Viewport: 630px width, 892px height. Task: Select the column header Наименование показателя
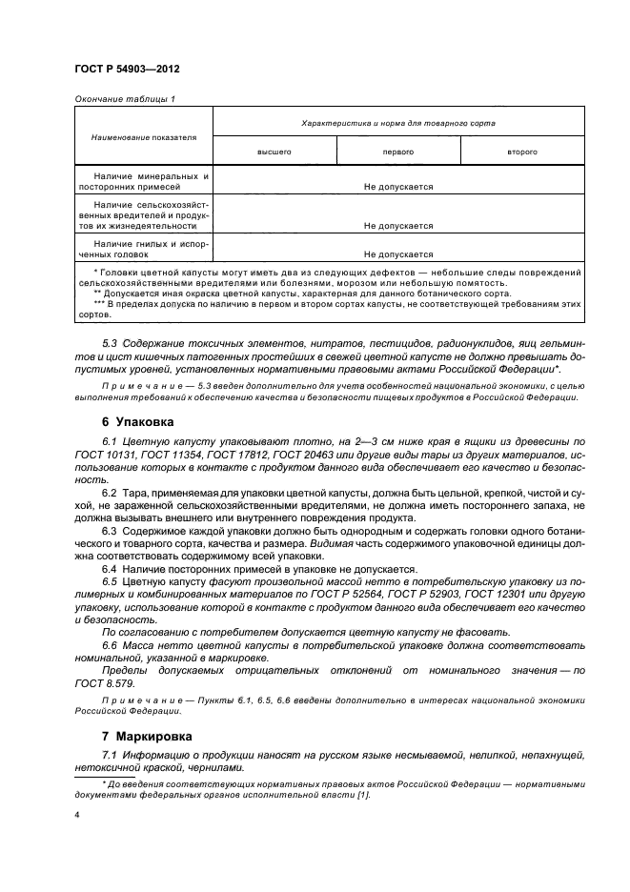pos(144,136)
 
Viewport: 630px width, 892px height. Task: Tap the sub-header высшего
pos(274,152)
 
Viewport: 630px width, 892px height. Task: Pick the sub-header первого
pos(398,152)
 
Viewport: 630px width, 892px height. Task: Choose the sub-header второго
pos(522,152)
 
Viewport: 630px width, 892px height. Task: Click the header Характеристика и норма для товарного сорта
pos(398,123)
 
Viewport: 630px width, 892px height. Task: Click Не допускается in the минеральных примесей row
pos(398,188)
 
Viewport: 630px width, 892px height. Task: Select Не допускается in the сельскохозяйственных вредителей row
pos(398,226)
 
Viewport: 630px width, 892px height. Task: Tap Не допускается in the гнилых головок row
pos(398,254)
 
